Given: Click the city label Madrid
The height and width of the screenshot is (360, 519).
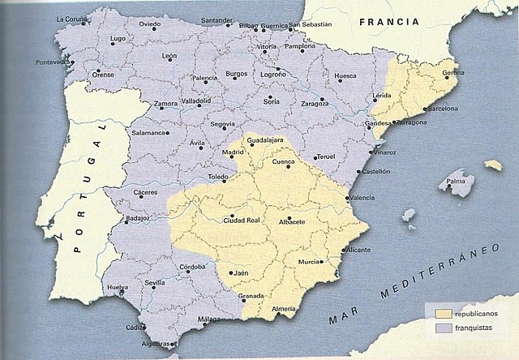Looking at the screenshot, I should point(234,152).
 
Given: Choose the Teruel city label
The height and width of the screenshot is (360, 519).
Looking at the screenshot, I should point(326,156).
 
